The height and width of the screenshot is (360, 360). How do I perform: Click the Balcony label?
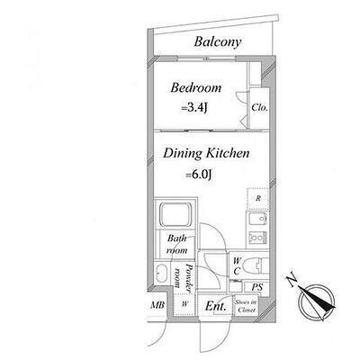click(218, 42)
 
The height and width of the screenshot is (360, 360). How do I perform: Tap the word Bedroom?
click(196, 87)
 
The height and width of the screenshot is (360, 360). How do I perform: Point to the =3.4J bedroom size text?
click(194, 108)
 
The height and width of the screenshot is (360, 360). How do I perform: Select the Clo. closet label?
click(259, 107)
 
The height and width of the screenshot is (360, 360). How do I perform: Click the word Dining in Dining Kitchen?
click(183, 154)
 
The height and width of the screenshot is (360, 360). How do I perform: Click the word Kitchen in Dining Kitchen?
click(228, 153)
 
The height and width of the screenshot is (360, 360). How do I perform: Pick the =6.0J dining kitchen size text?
click(199, 175)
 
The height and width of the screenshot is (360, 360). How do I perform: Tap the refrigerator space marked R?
click(258, 198)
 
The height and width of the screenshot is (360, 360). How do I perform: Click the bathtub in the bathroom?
click(175, 214)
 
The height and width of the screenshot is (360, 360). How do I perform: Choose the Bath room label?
click(176, 244)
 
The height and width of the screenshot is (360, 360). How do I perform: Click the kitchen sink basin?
click(257, 220)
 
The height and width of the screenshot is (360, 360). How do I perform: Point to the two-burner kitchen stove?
click(257, 238)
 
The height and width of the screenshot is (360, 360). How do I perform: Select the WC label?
click(237, 265)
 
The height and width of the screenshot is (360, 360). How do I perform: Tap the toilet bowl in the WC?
click(251, 266)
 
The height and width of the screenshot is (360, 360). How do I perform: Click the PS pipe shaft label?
click(257, 287)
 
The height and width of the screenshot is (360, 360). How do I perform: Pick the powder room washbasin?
click(161, 273)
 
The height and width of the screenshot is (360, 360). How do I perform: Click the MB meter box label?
click(157, 305)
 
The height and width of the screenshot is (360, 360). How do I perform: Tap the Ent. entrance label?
click(215, 306)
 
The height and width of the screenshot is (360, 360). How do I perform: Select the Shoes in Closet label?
click(246, 306)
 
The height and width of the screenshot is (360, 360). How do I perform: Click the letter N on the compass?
click(292, 280)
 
